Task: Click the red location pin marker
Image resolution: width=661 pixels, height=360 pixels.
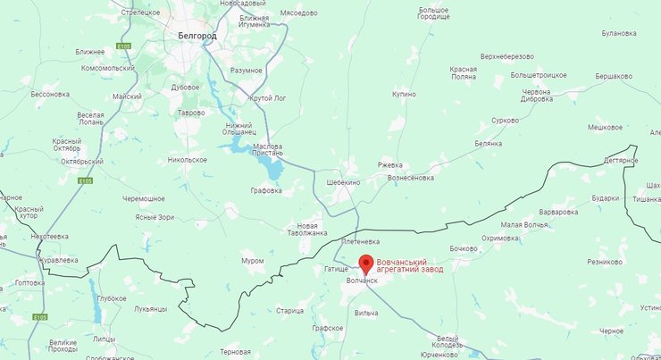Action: coord(364,264)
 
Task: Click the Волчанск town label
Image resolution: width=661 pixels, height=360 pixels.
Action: coord(362,280)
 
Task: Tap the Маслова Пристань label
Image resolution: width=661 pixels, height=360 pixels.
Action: coord(268,151)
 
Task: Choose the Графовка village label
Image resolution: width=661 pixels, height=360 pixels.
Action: coord(266,190)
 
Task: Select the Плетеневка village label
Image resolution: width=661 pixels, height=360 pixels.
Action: coord(361,242)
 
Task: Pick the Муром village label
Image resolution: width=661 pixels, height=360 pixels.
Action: coord(253,261)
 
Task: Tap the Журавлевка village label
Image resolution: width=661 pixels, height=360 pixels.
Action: coord(58,260)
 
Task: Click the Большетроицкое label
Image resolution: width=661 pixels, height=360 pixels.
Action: coord(539,75)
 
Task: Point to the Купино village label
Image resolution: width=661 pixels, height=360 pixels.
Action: coord(404,94)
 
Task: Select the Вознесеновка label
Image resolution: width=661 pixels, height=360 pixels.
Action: coord(411,178)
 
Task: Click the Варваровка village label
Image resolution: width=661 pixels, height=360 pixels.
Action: coord(559,213)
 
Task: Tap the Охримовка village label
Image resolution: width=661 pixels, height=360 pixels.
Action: coord(499,239)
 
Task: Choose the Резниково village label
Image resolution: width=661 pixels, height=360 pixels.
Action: coord(605,262)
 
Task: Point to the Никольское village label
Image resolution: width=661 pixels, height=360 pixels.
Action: coord(187,160)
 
